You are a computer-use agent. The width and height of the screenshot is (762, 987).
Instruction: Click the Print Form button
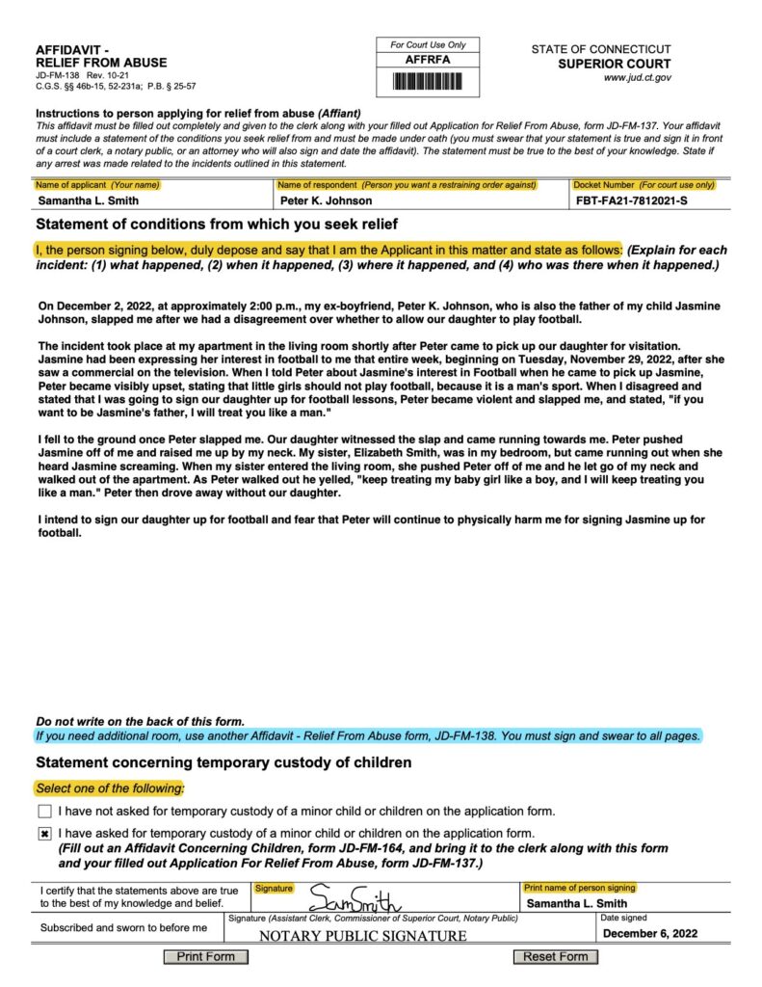[x=206, y=956]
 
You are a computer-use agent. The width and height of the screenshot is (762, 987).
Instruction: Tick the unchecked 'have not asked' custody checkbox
[x=44, y=812]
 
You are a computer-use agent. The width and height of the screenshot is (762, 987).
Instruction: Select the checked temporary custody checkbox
[x=44, y=833]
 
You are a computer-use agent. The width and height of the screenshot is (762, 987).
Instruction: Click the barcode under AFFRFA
[x=427, y=81]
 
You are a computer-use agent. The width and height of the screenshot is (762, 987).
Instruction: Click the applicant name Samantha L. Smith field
[x=89, y=200]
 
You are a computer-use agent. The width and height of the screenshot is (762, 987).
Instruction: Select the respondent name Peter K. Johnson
[x=326, y=200]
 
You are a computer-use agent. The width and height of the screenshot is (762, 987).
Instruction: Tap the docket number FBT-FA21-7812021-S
[x=632, y=200]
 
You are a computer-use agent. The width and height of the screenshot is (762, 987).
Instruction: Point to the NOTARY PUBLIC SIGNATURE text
[x=363, y=936]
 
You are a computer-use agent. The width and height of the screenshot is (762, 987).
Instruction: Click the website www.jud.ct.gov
[x=637, y=77]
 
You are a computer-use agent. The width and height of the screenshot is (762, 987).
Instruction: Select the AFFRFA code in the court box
[x=427, y=60]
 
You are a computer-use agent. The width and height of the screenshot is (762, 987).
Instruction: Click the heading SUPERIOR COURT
[x=615, y=64]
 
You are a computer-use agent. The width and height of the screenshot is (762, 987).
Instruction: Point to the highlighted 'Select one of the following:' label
[x=110, y=788]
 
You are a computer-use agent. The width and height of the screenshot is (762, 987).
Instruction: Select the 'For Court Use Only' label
[x=427, y=44]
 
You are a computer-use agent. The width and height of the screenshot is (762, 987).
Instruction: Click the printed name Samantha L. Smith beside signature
[x=577, y=903]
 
